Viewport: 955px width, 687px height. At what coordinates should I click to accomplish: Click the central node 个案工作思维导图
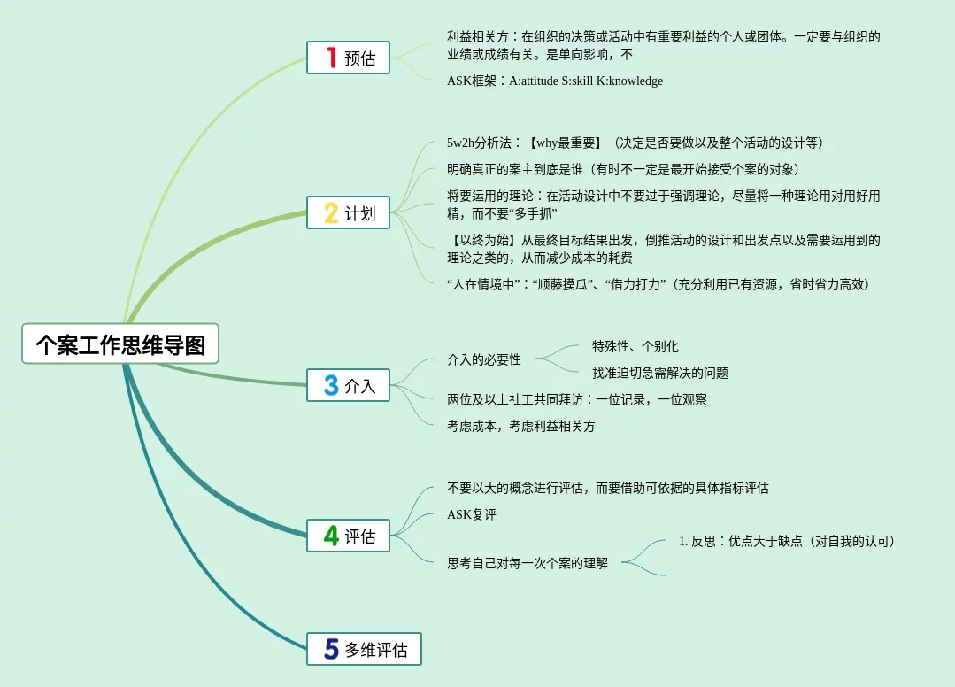pyautogui.click(x=120, y=343)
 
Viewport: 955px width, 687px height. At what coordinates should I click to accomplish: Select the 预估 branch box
pyautogui.click(x=348, y=58)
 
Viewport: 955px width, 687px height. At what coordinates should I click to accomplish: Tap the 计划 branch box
pyautogui.click(x=348, y=212)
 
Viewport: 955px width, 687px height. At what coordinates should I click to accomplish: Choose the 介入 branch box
pyautogui.click(x=348, y=385)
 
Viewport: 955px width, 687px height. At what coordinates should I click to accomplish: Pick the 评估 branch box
pyautogui.click(x=348, y=536)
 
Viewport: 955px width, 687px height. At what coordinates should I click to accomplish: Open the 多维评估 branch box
pyautogui.click(x=364, y=649)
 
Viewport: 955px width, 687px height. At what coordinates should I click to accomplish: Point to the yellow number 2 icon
pyautogui.click(x=331, y=212)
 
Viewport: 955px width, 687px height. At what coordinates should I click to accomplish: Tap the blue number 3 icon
pyautogui.click(x=331, y=385)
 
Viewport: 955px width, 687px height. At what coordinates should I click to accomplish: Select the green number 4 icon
pyautogui.click(x=331, y=536)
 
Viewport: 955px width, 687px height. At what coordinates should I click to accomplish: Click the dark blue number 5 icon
pyautogui.click(x=331, y=649)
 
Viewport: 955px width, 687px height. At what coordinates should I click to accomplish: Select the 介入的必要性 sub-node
pyautogui.click(x=484, y=359)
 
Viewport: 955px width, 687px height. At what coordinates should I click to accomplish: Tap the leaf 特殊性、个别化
pyautogui.click(x=635, y=346)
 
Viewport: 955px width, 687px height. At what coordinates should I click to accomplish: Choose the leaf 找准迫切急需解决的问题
pyautogui.click(x=660, y=373)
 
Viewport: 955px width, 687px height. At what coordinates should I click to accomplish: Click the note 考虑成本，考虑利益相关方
pyautogui.click(x=521, y=426)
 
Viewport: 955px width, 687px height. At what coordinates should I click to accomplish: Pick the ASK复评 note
pyautogui.click(x=472, y=514)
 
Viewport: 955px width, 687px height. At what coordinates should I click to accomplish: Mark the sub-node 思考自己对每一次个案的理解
pyautogui.click(x=528, y=562)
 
